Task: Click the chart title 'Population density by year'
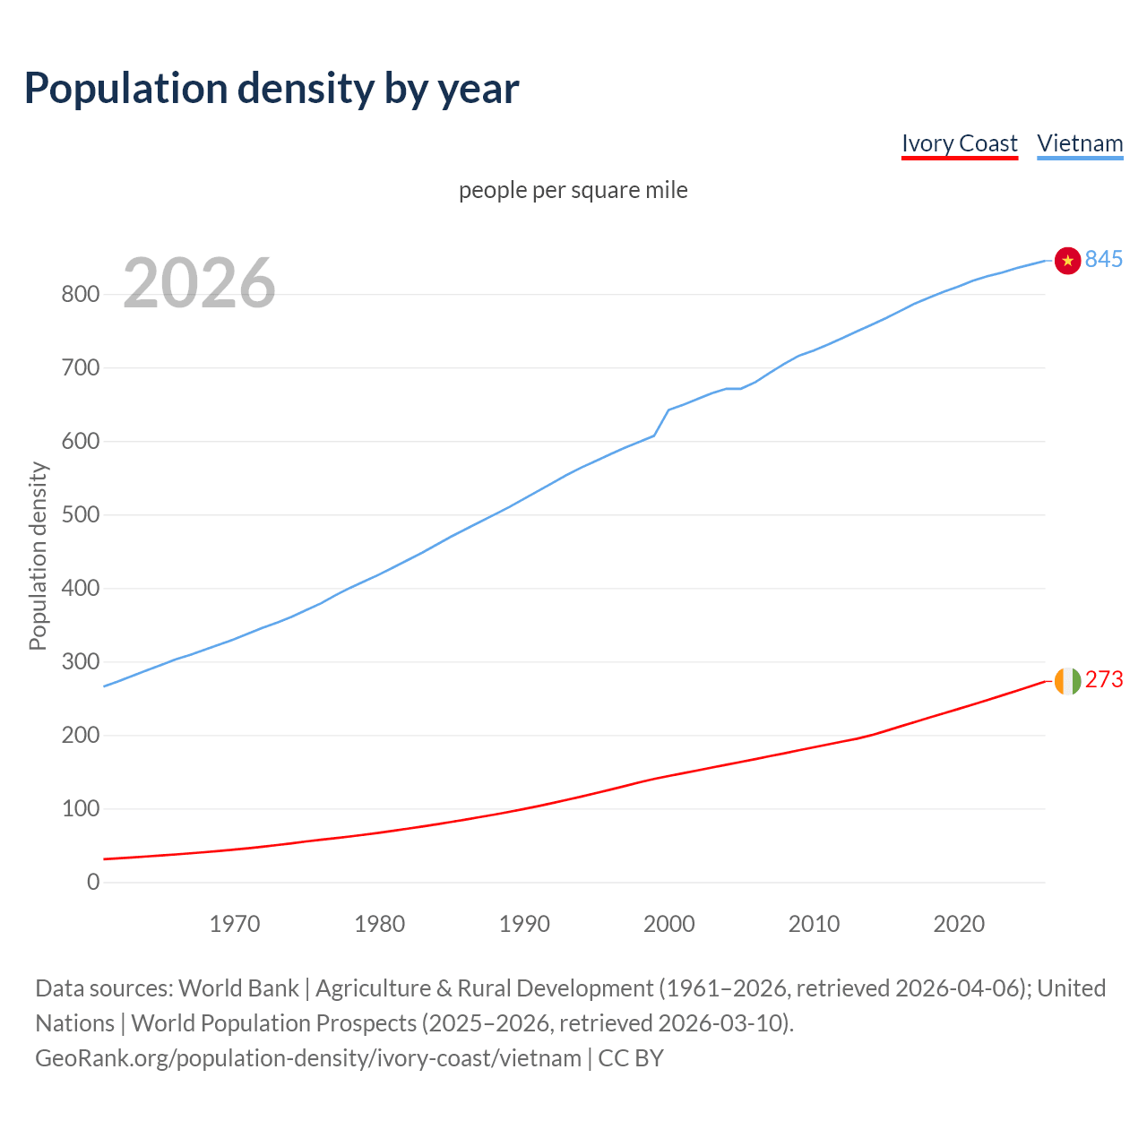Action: [272, 88]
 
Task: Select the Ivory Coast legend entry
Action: [959, 143]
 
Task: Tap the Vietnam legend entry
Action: [1080, 143]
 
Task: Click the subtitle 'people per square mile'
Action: [573, 190]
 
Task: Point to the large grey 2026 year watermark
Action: [199, 283]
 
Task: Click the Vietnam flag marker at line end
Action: [1067, 260]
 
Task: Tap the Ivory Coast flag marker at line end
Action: [1067, 681]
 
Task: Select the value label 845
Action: [1103, 259]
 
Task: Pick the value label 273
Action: [1103, 680]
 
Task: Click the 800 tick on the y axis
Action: [81, 294]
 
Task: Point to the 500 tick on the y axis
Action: [81, 514]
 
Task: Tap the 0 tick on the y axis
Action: [93, 882]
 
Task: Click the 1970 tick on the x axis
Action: [235, 924]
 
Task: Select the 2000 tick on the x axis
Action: [669, 924]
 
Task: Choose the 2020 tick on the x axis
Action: [959, 924]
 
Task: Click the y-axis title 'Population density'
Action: [38, 556]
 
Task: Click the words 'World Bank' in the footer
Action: [238, 988]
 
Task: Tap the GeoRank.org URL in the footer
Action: [308, 1058]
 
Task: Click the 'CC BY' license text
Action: [631, 1058]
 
